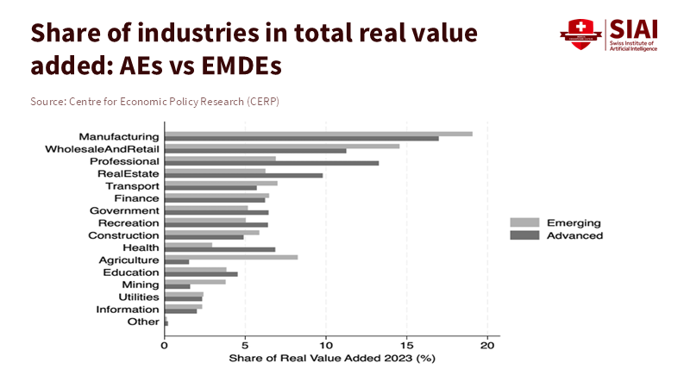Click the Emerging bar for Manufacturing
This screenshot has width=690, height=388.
click(x=318, y=134)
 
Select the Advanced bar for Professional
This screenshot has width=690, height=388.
click(x=271, y=163)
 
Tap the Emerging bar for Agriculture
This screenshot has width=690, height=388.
click(x=231, y=257)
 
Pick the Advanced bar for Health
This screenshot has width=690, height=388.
click(x=220, y=249)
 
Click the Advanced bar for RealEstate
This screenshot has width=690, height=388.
click(x=243, y=175)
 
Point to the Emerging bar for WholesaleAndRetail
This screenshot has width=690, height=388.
click(x=282, y=146)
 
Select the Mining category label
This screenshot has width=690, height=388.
click(x=141, y=285)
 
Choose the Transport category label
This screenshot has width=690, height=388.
click(x=132, y=185)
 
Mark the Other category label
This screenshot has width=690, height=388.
click(x=143, y=322)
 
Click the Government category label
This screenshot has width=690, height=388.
click(x=124, y=210)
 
